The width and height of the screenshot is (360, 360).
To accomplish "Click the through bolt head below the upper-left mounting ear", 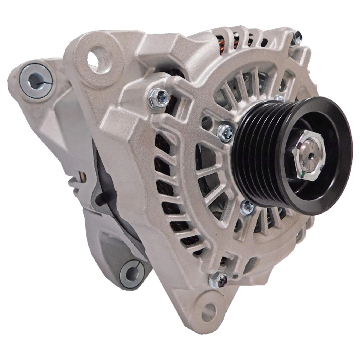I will point(159,97).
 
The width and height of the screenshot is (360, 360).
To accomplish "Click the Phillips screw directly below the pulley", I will point(247,207).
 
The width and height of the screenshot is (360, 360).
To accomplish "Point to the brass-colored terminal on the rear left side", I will point(84,177).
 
